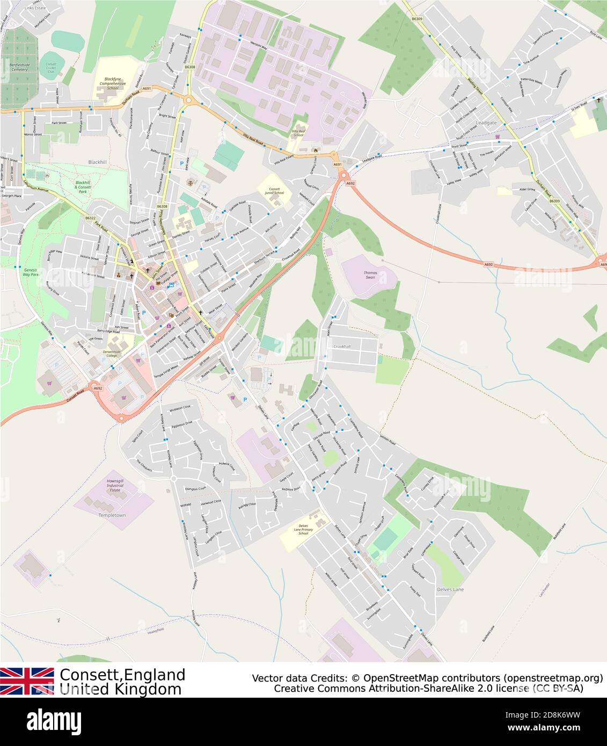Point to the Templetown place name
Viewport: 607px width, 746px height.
tap(112, 515)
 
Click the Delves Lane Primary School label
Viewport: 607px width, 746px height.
tap(303, 530)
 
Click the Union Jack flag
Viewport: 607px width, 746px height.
tap(27, 681)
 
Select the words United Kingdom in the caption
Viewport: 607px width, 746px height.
tap(120, 689)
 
